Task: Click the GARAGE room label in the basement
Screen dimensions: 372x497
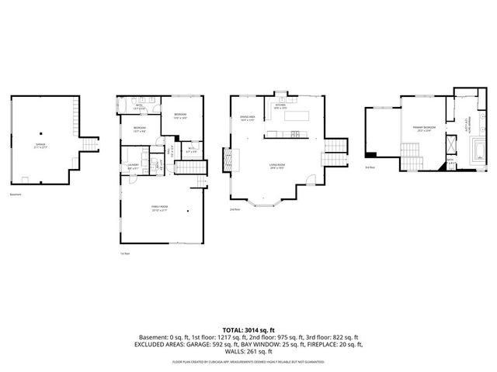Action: (40, 145)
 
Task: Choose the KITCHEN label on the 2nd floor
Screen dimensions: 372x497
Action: (280, 108)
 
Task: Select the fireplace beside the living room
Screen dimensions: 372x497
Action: (229, 160)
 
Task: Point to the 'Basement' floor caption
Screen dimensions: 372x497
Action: (16, 194)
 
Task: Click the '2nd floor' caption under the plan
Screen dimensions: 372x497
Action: (235, 210)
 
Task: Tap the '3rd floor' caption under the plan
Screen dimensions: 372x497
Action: (370, 167)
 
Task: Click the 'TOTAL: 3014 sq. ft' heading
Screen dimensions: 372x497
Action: (248, 331)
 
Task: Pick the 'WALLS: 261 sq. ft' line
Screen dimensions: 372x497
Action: (248, 352)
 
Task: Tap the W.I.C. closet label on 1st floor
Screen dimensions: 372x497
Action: (192, 150)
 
